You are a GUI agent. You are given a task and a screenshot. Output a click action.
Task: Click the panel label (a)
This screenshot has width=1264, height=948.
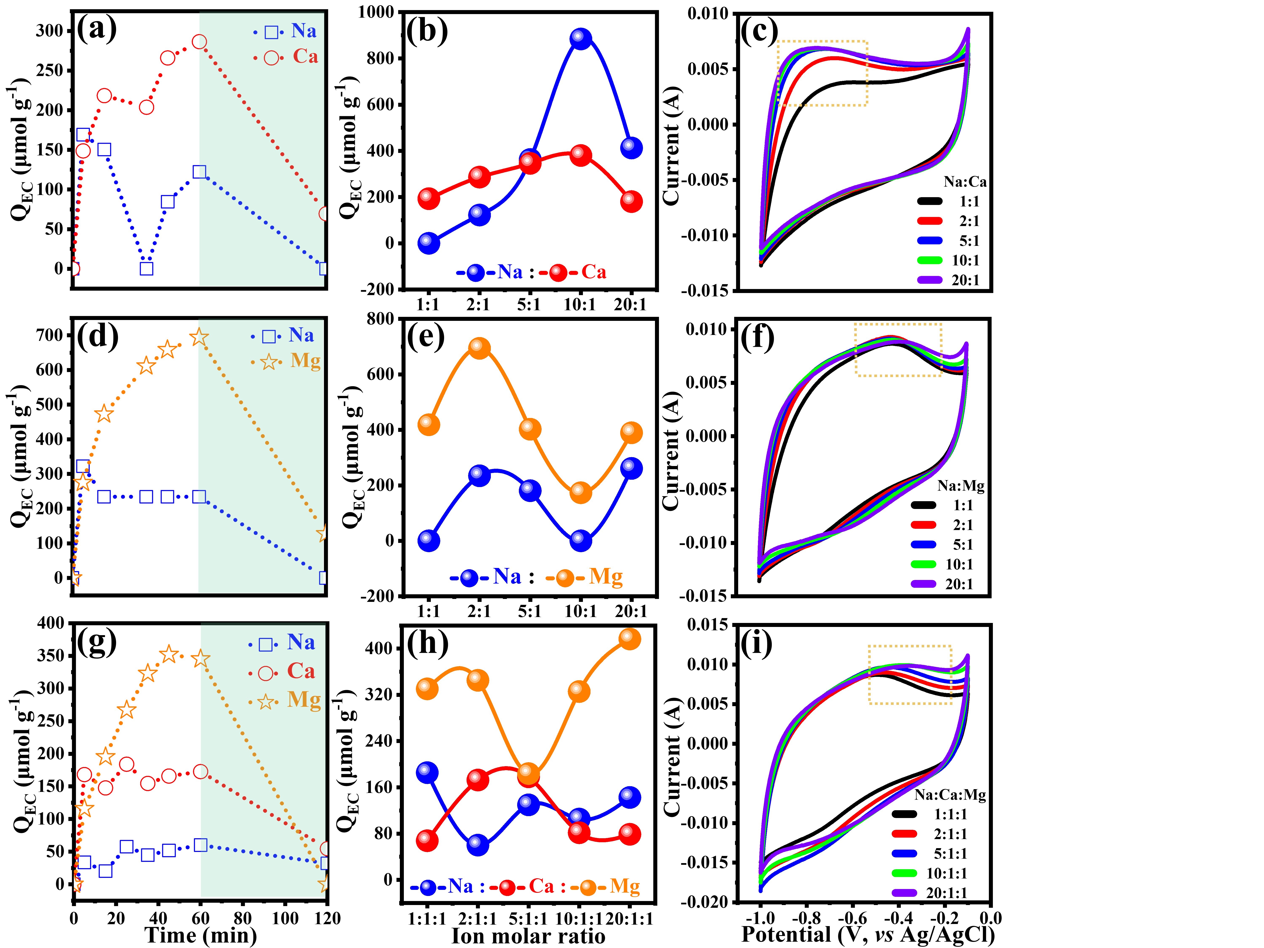click(97, 29)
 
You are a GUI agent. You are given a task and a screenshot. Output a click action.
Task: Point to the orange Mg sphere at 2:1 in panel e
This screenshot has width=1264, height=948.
click(479, 348)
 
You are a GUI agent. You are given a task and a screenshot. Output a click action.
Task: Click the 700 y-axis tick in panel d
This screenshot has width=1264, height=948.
click(50, 335)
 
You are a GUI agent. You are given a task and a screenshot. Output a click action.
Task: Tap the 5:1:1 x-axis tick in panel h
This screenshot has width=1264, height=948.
click(529, 919)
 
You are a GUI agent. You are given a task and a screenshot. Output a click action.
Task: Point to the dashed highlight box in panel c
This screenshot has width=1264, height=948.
click(822, 73)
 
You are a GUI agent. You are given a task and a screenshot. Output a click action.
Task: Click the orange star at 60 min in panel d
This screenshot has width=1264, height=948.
click(199, 338)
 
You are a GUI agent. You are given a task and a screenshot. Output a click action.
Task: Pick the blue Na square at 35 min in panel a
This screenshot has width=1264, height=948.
click(146, 268)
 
